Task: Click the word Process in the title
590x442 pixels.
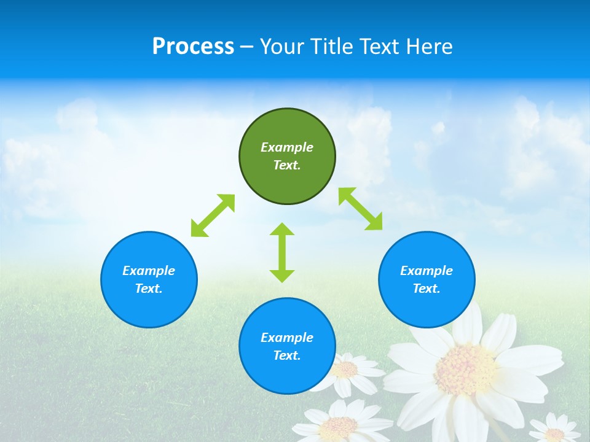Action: [193, 47]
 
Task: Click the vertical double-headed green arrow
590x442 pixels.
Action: [282, 252]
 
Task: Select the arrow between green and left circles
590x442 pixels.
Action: [213, 215]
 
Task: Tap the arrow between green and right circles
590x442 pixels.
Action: [361, 209]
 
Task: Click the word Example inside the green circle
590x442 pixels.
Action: [287, 147]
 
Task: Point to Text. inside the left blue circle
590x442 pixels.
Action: [149, 289]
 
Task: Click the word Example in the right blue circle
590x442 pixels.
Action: [427, 271]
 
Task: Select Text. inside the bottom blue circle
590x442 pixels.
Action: [287, 355]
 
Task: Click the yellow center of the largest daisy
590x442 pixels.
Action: [465, 370]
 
